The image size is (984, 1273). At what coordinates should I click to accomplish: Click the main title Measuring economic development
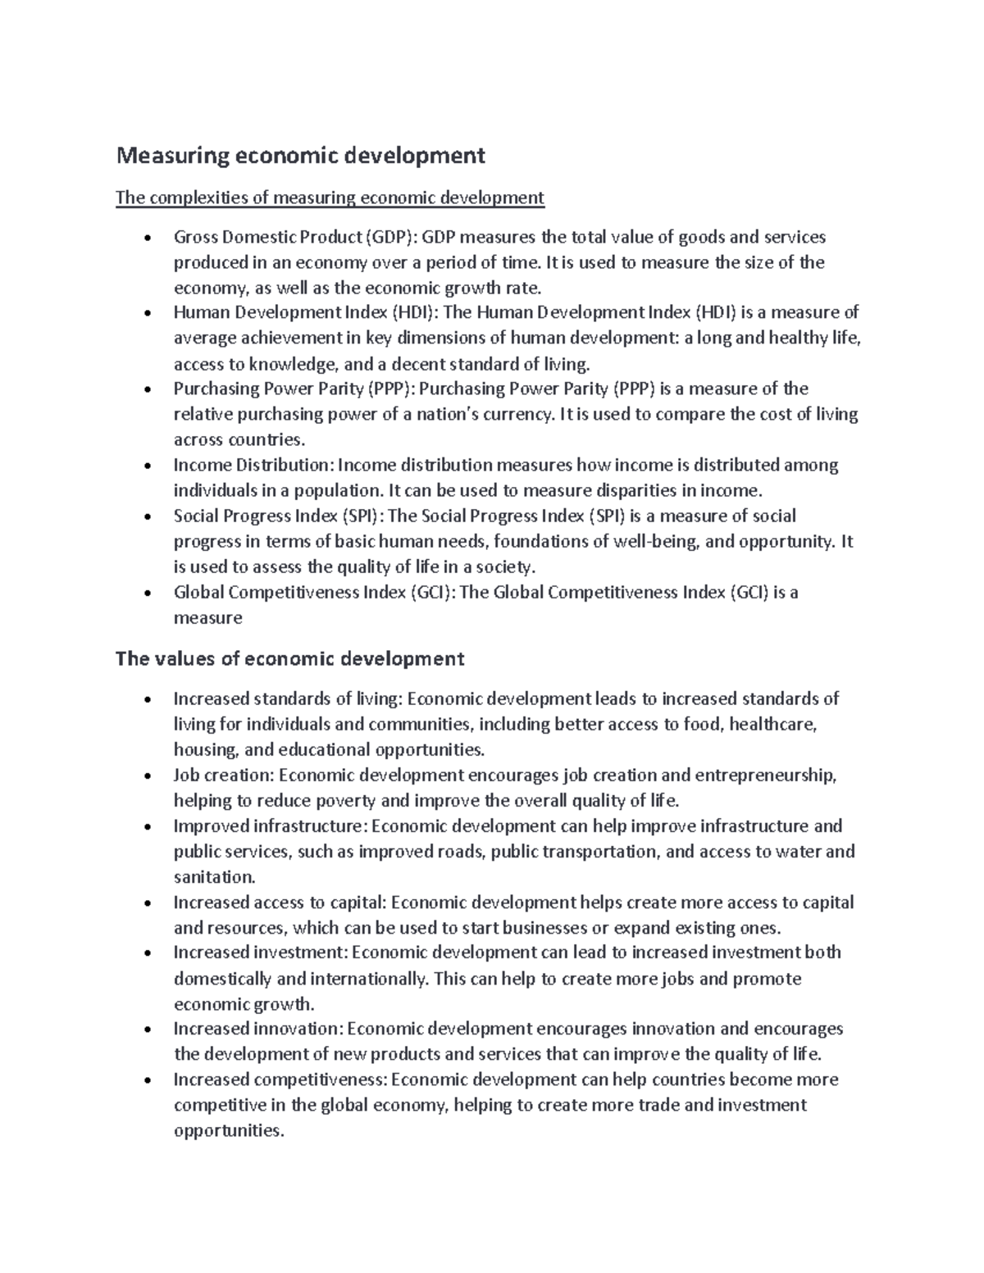[x=300, y=155]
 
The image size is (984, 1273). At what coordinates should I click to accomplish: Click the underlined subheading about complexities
[x=330, y=198]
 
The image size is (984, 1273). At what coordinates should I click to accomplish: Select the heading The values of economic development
[x=290, y=658]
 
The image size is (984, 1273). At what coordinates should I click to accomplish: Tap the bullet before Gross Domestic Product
[x=147, y=239]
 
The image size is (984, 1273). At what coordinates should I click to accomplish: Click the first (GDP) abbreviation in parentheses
[x=392, y=237]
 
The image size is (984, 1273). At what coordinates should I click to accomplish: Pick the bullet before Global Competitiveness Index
[x=147, y=593]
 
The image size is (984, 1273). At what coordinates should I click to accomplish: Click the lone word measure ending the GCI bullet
[x=207, y=618]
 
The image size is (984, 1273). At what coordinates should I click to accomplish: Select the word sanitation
[x=214, y=876]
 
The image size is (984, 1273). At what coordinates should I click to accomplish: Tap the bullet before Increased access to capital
[x=147, y=903]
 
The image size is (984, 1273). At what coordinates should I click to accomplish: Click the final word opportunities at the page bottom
[x=228, y=1130]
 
